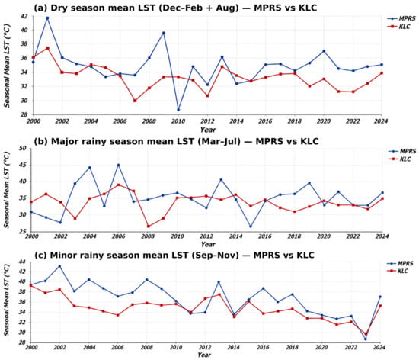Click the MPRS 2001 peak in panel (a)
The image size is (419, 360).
pos(47,18)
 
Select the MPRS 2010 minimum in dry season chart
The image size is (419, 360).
pos(178,110)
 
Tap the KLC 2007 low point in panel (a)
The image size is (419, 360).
pos(135,101)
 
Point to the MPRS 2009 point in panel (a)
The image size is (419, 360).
pos(164,33)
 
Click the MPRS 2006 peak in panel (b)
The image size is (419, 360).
pos(119,165)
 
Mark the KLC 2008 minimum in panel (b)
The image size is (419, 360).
pos(149,227)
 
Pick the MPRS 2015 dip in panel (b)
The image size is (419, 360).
pos(251,227)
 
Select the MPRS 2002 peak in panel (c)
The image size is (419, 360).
pos(59,266)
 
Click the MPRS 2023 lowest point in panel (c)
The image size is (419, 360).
pos(366,339)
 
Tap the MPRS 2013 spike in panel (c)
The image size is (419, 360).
pos(219,282)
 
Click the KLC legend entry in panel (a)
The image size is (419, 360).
pos(398,27)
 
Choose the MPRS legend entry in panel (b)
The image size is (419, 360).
pos(402,151)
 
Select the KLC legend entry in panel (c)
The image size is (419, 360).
pos(398,272)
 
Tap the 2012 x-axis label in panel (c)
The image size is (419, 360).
pos(205,348)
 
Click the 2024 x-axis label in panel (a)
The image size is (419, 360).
pos(380,121)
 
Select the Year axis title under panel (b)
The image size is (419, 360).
pos(208,244)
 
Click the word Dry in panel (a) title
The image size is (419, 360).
pos(59,8)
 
